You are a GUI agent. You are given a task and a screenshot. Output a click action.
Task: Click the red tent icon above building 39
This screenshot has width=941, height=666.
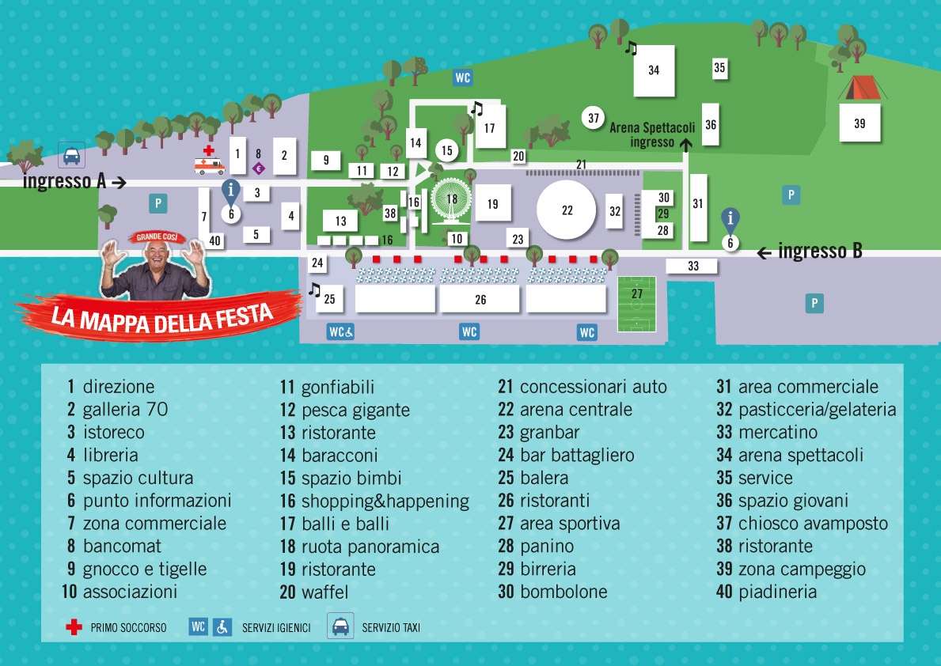click(x=859, y=87)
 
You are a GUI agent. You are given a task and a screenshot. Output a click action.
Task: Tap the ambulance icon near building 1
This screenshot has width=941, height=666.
click(x=210, y=165)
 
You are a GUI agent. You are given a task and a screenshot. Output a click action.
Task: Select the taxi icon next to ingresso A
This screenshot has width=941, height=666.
click(x=71, y=155)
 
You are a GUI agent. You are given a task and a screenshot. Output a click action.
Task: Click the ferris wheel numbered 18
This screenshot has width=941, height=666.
click(x=452, y=199)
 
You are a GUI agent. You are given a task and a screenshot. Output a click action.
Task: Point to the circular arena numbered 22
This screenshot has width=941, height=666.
click(x=567, y=210)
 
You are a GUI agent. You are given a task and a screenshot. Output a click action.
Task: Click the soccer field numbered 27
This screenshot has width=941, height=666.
click(x=636, y=303)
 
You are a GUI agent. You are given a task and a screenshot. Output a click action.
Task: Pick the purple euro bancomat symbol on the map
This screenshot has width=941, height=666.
click(x=258, y=168)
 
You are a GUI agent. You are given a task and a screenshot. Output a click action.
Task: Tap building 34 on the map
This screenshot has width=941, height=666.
click(x=654, y=70)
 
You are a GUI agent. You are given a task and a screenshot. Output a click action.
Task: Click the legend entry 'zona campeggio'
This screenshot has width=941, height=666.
click(x=802, y=570)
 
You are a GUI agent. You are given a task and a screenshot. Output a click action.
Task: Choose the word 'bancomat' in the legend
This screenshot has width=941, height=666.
click(x=122, y=547)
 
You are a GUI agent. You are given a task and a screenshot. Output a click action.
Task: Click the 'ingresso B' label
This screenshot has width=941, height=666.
click(x=820, y=252)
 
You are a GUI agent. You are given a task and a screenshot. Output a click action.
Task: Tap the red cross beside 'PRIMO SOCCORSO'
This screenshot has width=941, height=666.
click(x=74, y=628)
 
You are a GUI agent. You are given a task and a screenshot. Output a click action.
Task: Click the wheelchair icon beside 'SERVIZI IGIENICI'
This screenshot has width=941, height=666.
click(x=222, y=627)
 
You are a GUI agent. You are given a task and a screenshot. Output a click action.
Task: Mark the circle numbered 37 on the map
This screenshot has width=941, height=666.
click(x=594, y=119)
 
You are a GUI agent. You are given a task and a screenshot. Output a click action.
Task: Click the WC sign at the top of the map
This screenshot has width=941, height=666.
click(x=463, y=78)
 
